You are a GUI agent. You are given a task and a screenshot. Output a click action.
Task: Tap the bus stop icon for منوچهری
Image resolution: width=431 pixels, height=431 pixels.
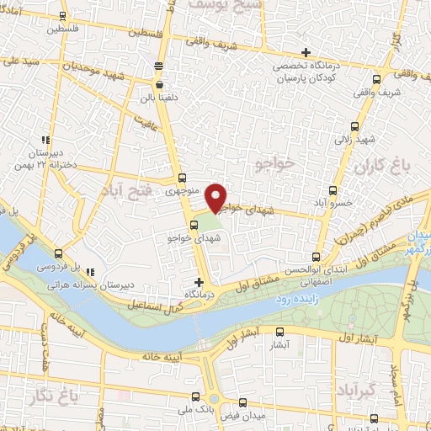(183, 178)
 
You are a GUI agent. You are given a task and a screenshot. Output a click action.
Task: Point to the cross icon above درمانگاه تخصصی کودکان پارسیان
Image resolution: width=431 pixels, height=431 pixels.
(306, 53)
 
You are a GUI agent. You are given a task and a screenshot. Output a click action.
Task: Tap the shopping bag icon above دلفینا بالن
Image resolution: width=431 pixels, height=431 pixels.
(159, 84)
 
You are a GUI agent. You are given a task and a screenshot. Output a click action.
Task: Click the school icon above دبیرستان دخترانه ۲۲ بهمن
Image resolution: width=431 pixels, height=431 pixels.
(46, 141)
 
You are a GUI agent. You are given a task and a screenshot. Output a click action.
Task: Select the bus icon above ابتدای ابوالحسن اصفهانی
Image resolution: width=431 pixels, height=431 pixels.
(317, 257)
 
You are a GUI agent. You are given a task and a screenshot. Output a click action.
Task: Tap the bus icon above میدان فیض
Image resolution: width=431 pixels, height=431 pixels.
(242, 403)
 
